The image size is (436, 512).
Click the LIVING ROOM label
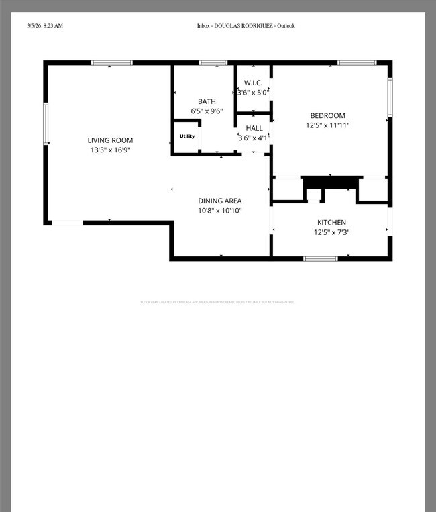[x=110, y=140]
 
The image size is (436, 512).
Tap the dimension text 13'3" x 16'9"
[x=110, y=150]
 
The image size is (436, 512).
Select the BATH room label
[x=207, y=101]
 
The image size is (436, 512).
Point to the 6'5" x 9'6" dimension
[x=207, y=111]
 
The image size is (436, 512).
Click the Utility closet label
[x=186, y=136]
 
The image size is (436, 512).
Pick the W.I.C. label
[x=253, y=83]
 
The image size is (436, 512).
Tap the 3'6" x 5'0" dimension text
[x=254, y=92]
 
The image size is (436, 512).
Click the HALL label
[x=254, y=128]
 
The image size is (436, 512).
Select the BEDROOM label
[x=327, y=115]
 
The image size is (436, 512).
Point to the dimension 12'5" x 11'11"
[x=327, y=125]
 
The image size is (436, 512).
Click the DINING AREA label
[x=219, y=201]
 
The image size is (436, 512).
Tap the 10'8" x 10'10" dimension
[x=219, y=211]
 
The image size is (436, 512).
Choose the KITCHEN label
[x=331, y=222]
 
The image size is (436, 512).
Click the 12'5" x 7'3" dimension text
[x=331, y=233]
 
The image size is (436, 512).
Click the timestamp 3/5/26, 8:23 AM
[x=45, y=25]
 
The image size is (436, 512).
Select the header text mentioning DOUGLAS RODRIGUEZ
[x=246, y=25]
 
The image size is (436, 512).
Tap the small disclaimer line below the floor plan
[x=217, y=302]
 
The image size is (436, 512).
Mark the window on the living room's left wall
[x=46, y=123]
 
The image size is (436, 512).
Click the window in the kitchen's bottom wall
[x=321, y=258]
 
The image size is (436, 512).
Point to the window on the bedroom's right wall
[x=389, y=97]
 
